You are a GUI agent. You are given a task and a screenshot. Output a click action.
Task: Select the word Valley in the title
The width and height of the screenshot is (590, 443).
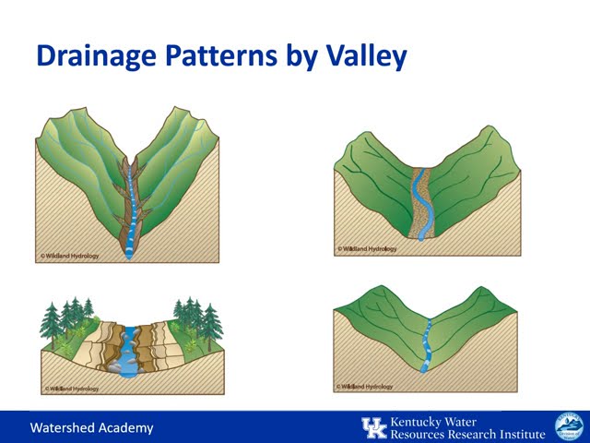[x=360, y=56]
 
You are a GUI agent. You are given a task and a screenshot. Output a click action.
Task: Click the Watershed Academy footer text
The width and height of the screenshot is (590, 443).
[x=91, y=427]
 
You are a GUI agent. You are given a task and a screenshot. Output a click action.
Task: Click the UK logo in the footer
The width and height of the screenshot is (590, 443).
[x=373, y=427]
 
